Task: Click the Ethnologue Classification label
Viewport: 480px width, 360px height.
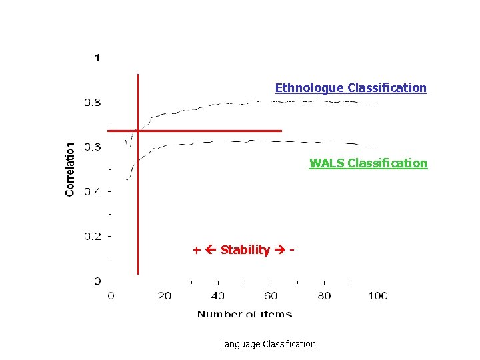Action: [x=351, y=88]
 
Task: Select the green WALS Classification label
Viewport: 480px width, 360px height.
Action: [x=368, y=163]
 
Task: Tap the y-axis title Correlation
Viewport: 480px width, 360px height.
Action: [x=70, y=169]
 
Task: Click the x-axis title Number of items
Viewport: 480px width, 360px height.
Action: [x=244, y=314]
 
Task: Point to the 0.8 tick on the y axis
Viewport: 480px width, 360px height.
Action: [x=93, y=103]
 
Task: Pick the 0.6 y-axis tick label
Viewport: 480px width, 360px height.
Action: [x=93, y=147]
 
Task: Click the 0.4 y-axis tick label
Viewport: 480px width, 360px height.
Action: [x=93, y=192]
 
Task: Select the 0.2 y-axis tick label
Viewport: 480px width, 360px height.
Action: [x=93, y=236]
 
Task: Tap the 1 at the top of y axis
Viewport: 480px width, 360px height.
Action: [x=97, y=58]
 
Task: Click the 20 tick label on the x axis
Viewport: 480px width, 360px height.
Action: [x=164, y=295]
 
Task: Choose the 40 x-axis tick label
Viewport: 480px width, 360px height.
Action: [x=217, y=295]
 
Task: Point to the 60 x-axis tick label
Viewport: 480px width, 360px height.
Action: [x=271, y=295]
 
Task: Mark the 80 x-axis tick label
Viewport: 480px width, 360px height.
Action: [x=324, y=295]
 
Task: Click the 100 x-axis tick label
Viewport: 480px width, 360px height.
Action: [x=377, y=295]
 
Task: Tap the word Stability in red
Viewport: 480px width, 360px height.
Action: [x=245, y=251]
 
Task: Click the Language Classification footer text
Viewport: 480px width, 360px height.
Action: [x=267, y=344]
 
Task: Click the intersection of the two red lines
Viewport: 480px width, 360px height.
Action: [x=137, y=131]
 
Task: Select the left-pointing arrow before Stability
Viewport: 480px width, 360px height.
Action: [x=211, y=251]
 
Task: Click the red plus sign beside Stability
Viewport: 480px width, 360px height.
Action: [x=196, y=251]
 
